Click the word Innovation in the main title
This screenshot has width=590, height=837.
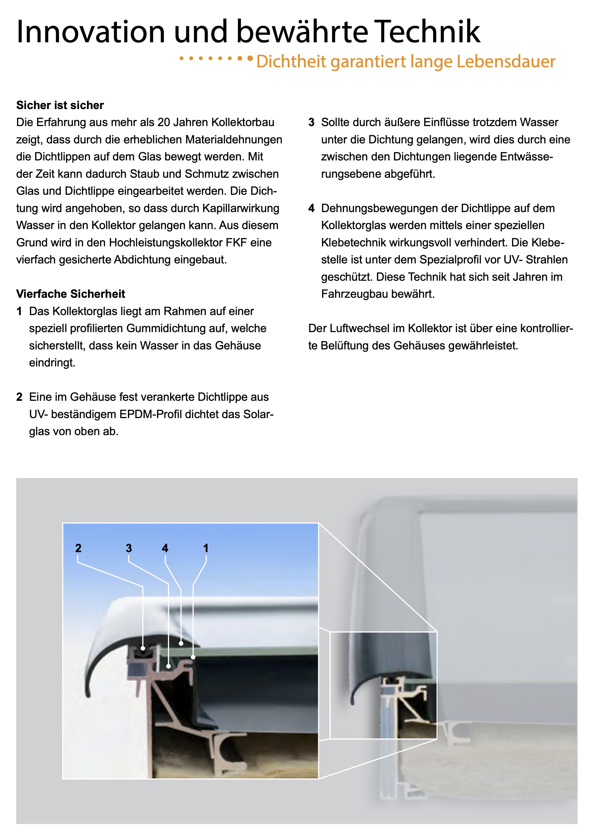91,32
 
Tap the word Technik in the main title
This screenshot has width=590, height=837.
427,32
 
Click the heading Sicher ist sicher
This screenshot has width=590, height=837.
60,105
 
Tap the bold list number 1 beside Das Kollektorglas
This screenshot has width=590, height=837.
19,311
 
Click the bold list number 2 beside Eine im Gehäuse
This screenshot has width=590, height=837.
19,397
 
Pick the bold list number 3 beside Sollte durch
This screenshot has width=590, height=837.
311,123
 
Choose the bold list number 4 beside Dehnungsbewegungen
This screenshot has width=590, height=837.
311,208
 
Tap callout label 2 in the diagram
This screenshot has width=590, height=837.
78,548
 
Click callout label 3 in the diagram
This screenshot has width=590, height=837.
129,548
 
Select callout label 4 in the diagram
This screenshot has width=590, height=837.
165,548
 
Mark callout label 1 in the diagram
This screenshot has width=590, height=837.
206,548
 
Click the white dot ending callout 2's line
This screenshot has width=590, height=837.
143,649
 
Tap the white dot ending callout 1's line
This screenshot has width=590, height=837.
193,657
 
